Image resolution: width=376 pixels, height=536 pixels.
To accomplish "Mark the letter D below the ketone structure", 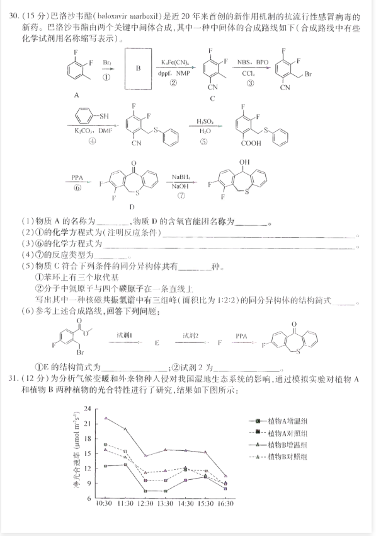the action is [130, 206].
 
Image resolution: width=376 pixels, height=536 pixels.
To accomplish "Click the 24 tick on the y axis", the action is [87, 409].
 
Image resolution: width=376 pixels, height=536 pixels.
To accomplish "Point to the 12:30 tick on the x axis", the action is [146, 503].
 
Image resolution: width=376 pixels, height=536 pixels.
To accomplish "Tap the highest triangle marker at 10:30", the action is [106, 418].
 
